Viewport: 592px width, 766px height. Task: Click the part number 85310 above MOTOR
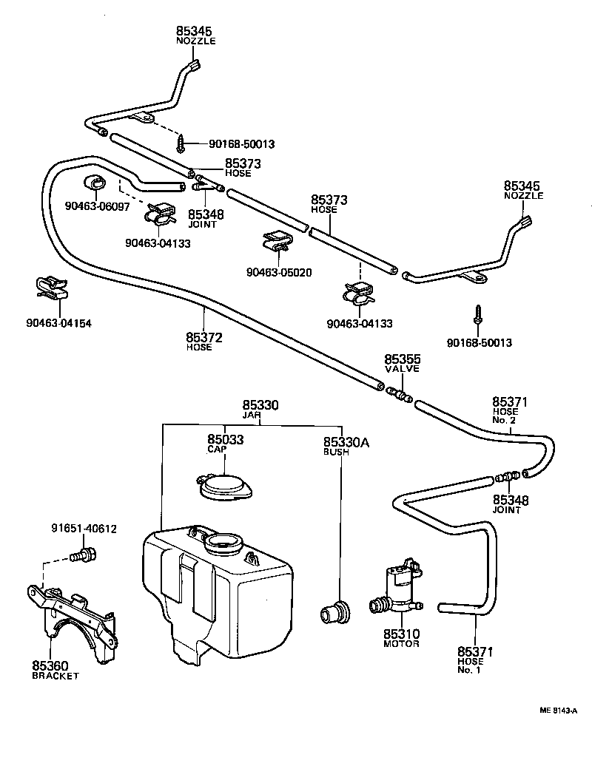click(x=401, y=634)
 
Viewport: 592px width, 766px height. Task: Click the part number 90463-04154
click(x=58, y=323)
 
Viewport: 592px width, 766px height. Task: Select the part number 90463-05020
click(x=279, y=271)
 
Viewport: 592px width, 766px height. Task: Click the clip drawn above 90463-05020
click(x=277, y=242)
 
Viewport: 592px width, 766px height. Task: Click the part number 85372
click(x=204, y=337)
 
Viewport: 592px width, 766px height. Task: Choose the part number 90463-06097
click(x=97, y=206)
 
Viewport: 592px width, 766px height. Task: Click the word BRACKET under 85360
click(x=55, y=676)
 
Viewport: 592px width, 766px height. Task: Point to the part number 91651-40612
click(x=84, y=529)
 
